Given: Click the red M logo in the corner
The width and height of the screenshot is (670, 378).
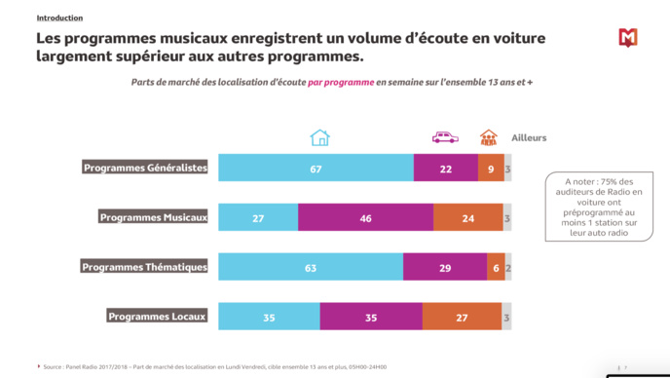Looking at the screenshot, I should click(628, 38).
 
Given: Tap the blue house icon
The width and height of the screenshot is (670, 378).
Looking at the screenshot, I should click(319, 137).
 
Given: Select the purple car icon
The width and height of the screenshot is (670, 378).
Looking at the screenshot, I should click(445, 137).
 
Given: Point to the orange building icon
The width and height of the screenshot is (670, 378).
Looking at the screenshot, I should click(488, 137).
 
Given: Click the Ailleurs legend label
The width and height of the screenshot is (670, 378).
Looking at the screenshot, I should click(529, 138).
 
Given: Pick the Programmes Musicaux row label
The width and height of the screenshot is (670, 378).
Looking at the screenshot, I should click(153, 217).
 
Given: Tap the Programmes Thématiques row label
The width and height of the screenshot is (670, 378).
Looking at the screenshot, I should click(144, 267).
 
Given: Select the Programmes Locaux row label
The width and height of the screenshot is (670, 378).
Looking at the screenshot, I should click(156, 317).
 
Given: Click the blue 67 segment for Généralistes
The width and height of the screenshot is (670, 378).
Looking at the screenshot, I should click(316, 169).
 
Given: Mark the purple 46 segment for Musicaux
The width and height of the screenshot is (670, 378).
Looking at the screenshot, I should click(365, 218).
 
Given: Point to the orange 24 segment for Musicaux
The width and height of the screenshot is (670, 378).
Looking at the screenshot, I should click(467, 218).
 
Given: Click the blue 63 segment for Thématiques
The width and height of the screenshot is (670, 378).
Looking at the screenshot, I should click(311, 268).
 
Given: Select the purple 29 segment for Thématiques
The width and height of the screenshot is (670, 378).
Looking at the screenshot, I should click(444, 268).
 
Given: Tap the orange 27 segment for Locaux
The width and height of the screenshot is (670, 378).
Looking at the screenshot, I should click(462, 318).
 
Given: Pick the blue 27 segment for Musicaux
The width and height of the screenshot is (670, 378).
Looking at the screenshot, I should click(258, 218).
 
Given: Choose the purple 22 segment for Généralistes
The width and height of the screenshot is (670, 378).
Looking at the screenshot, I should click(445, 169).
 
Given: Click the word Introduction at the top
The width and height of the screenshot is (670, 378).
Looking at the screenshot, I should click(59, 18).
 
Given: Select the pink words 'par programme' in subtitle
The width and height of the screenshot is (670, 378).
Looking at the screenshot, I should click(341, 82).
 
